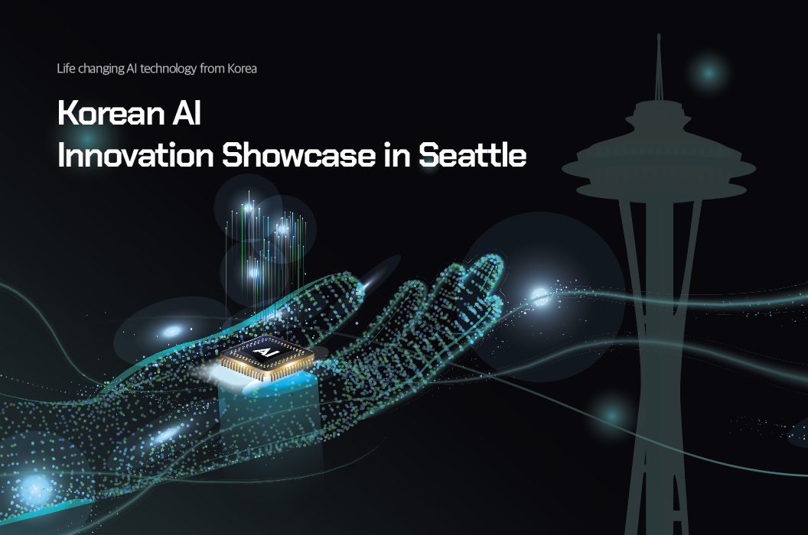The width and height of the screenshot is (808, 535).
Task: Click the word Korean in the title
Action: pos(111,113)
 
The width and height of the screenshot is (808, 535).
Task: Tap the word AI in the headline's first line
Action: pos(187,113)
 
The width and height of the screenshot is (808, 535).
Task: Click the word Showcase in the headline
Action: pos(298,154)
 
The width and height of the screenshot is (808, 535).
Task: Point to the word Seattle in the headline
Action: pos(473,154)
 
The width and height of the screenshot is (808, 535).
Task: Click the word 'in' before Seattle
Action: pos(397,155)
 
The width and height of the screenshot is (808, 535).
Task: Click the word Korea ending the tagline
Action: pos(243,69)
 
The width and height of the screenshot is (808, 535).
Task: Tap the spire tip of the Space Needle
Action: pos(659,35)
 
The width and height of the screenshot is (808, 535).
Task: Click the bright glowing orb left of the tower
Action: pos(539,296)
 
